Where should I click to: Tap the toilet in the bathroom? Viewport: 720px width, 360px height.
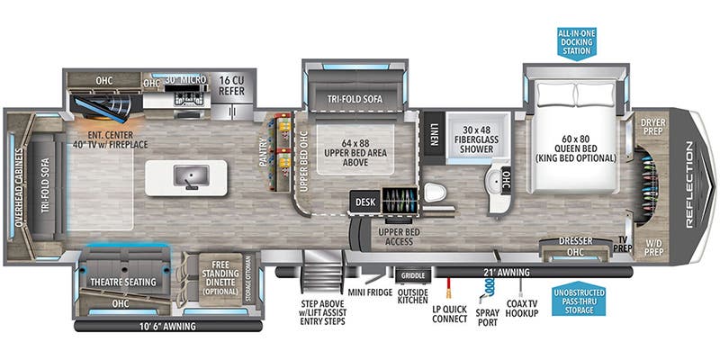434,193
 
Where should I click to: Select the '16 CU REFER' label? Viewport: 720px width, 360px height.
231,85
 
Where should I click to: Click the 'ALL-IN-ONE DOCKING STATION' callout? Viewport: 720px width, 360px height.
576,41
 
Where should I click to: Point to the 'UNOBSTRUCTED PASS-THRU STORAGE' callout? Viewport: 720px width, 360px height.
577,300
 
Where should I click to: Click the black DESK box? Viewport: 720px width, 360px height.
364,202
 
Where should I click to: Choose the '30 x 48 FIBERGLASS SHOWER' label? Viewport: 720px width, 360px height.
477,139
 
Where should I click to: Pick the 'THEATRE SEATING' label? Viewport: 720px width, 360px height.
123,282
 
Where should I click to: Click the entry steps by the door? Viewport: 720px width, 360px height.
322,274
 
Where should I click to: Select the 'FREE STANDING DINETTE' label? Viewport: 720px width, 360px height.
219,278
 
